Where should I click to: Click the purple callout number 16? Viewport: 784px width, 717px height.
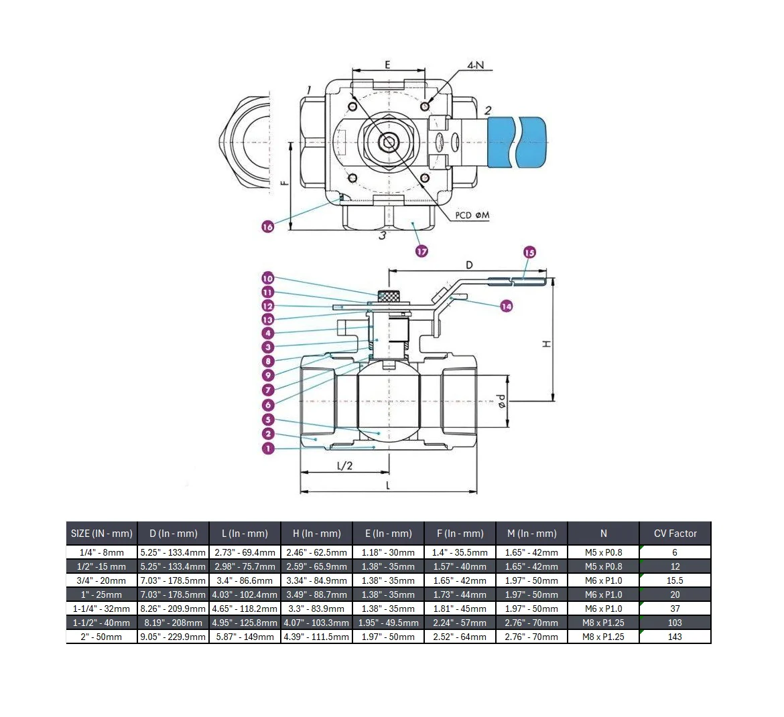pyautogui.click(x=267, y=226)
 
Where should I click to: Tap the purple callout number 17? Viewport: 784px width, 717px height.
pyautogui.click(x=421, y=251)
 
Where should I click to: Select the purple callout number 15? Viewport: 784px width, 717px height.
pyautogui.click(x=529, y=252)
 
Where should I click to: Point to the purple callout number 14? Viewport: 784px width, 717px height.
pyautogui.click(x=507, y=306)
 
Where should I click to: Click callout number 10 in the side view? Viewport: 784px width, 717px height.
pyautogui.click(x=268, y=278)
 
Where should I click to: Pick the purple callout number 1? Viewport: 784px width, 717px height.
pyautogui.click(x=268, y=448)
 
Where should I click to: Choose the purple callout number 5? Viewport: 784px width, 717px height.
pyautogui.click(x=268, y=420)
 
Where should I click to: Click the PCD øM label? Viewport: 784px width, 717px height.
pyautogui.click(x=472, y=216)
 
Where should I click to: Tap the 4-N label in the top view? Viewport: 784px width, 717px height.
pyautogui.click(x=476, y=65)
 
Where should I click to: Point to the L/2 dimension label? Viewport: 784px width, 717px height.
pyautogui.click(x=344, y=466)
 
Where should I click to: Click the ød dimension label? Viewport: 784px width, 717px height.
pyautogui.click(x=501, y=401)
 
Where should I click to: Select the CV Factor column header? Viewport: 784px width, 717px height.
pyautogui.click(x=675, y=534)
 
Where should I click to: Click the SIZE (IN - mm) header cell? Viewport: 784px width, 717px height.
pyautogui.click(x=101, y=534)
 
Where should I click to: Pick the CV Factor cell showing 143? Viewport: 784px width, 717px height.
pyautogui.click(x=675, y=637)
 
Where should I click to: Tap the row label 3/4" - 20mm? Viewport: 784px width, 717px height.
pyautogui.click(x=101, y=580)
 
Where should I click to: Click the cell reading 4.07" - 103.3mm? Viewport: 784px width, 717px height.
pyautogui.click(x=316, y=623)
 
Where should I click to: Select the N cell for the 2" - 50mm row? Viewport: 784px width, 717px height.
pyautogui.click(x=604, y=637)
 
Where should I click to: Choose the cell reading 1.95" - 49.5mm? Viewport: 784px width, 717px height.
pyautogui.click(x=389, y=623)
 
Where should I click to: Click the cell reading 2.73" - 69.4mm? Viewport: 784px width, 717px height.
pyautogui.click(x=245, y=552)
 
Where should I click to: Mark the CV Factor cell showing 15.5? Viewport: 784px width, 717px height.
pyautogui.click(x=675, y=580)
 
